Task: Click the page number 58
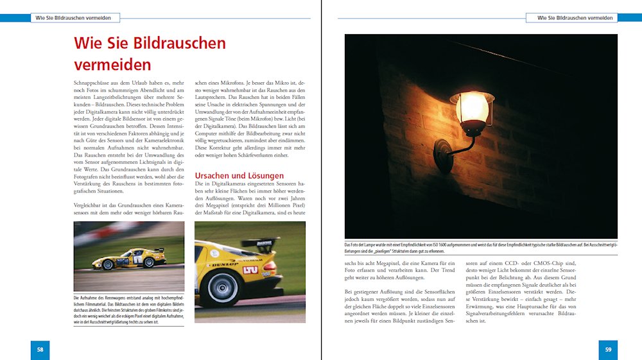[40, 350]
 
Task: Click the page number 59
[608, 350]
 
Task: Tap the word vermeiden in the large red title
[112, 65]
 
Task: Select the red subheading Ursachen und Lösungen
[239, 175]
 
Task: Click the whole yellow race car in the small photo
[128, 258]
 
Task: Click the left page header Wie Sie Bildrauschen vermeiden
[74, 18]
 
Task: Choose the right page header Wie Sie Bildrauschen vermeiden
[571, 18]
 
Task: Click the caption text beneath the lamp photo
[481, 248]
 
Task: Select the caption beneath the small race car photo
[128, 309]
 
